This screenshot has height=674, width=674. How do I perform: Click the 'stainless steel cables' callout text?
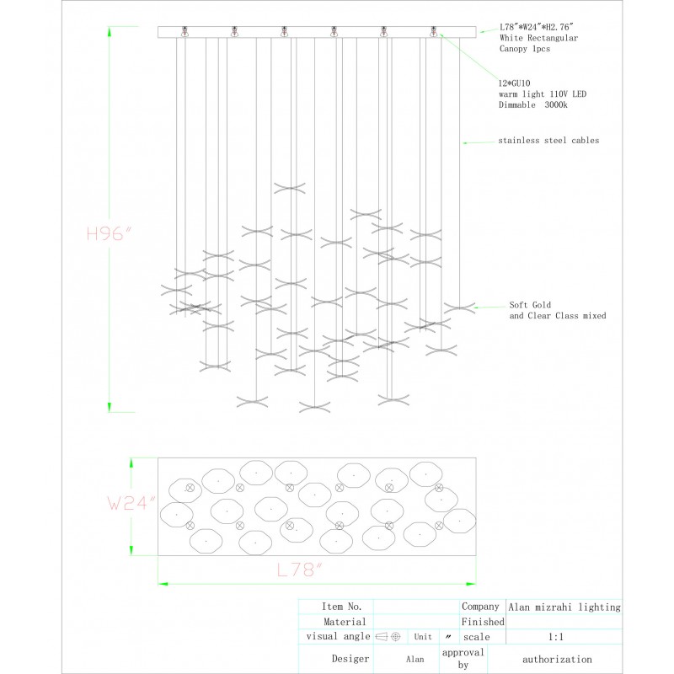548,141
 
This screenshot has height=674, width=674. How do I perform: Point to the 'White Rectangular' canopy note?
538,39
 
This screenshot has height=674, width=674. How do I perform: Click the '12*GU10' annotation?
515,83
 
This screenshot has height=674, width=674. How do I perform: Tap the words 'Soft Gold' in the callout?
530,305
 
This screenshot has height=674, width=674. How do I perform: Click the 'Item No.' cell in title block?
341,607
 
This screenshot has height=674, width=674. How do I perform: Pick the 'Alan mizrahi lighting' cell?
564,607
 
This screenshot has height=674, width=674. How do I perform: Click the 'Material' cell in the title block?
344,622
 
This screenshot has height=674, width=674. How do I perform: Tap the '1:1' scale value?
556,638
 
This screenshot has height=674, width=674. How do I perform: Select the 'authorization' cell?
557,660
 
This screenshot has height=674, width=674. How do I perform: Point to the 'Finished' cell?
483,622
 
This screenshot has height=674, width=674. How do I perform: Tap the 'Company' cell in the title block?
480,607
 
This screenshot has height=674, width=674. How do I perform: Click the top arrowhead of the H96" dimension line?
110,31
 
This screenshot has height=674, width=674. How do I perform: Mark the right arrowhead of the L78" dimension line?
471,582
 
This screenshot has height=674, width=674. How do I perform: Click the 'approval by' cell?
463,659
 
